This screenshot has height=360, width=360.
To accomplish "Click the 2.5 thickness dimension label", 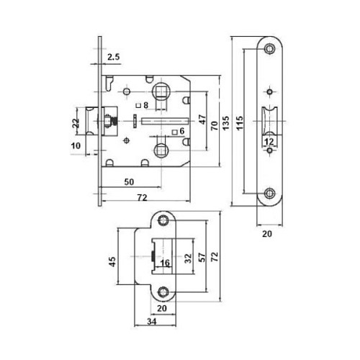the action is point(113,57).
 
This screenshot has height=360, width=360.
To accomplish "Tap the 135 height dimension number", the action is point(226,123).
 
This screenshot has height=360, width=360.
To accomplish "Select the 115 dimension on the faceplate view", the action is point(240,123).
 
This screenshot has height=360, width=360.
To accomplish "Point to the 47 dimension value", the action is point(202,120).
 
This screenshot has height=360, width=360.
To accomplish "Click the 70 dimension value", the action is point(214,126).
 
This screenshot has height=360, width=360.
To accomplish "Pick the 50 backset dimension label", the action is point(129,182).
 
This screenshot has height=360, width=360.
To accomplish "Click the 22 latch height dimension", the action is point(76,123).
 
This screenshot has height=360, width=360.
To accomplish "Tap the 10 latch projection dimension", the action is point(76,145).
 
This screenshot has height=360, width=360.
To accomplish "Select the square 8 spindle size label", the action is point(143,105).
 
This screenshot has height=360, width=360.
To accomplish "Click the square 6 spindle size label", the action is point(179,131).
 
